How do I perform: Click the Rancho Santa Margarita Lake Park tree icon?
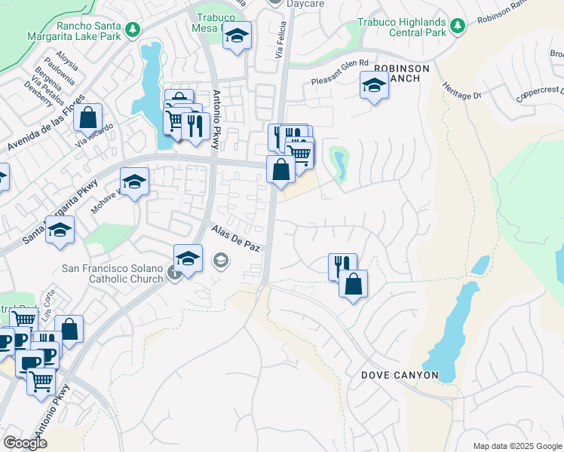133,29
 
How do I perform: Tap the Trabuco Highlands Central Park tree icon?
457,26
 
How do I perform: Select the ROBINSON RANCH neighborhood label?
401,74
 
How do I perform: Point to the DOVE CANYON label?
400,374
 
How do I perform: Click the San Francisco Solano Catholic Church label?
112,273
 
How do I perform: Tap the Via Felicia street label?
280,45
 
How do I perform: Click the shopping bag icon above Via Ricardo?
87,118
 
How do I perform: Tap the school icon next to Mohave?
134,182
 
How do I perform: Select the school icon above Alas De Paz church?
188,259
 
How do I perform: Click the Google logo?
25,443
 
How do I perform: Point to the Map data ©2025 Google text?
516,446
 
